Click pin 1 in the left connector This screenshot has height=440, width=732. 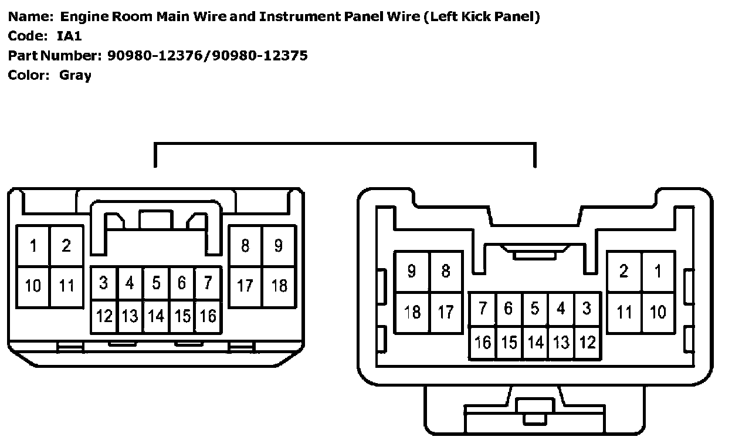33,246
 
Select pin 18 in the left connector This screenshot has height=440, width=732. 279,286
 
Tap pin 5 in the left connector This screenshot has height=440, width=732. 156,283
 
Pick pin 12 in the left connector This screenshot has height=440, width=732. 104,316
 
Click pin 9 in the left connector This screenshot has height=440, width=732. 278,245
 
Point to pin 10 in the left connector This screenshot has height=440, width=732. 33,286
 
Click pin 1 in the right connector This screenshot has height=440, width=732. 658,271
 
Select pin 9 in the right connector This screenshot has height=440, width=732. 412,271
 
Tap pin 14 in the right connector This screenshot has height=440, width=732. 535,342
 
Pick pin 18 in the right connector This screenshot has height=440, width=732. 412,312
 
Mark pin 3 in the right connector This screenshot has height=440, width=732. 587,309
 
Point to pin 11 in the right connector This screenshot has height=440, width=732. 623,312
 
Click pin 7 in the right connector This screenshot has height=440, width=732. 483,309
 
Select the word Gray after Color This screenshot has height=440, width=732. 75,76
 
